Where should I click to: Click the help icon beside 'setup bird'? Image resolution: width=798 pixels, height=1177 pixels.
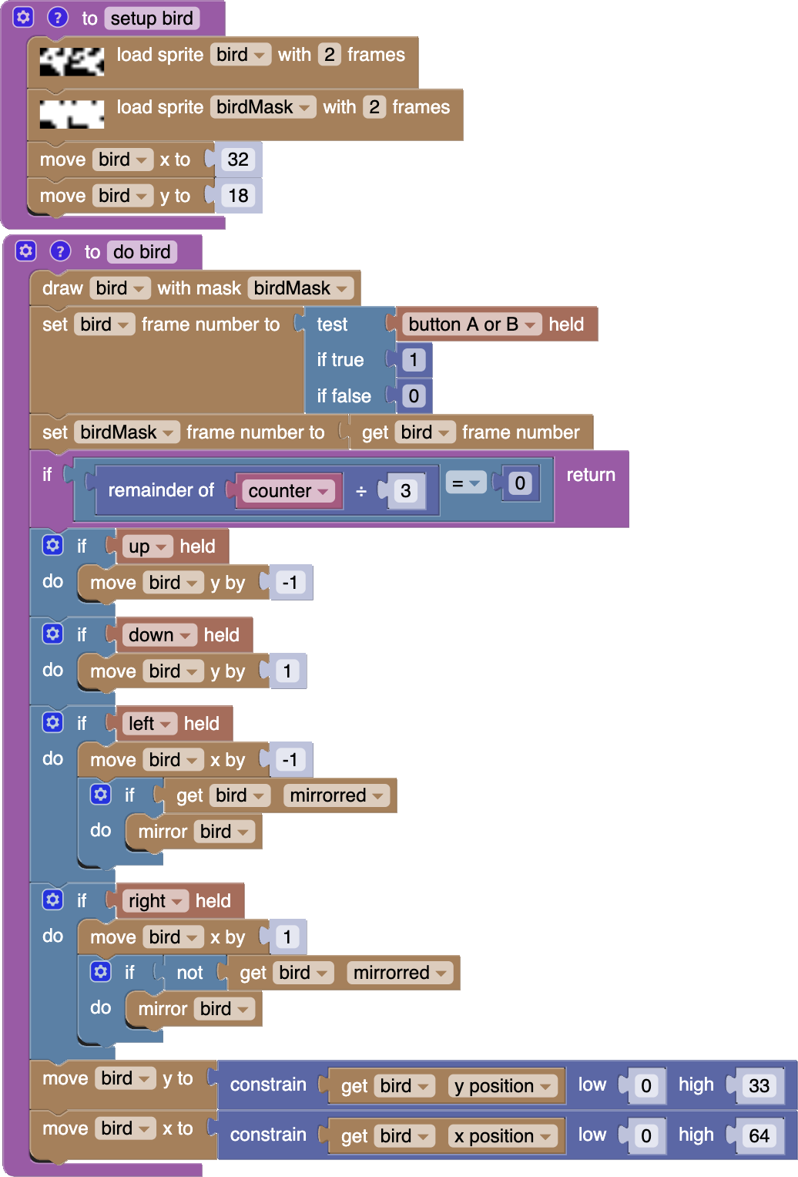pyautogui.click(x=58, y=17)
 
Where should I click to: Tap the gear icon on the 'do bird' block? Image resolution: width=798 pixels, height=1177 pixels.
pyautogui.click(x=26, y=251)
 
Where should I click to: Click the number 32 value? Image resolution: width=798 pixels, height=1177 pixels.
pyautogui.click(x=238, y=160)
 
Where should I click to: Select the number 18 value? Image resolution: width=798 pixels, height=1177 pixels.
pyautogui.click(x=238, y=196)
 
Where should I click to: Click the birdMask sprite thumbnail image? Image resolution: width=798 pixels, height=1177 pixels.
pyautogui.click(x=72, y=114)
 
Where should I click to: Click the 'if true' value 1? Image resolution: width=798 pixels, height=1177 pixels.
pyautogui.click(x=414, y=360)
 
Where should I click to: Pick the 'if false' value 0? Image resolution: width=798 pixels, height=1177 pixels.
pyautogui.click(x=414, y=396)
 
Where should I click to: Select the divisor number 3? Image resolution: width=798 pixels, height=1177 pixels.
pyautogui.click(x=406, y=491)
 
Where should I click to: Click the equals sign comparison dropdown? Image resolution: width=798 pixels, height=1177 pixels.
pyautogui.click(x=465, y=483)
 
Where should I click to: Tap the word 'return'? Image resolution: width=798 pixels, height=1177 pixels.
pyautogui.click(x=591, y=475)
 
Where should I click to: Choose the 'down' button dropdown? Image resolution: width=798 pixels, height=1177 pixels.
pyautogui.click(x=159, y=635)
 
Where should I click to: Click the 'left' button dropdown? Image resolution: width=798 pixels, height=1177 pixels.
pyautogui.click(x=149, y=724)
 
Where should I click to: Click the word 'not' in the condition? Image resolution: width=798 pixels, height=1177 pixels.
pyautogui.click(x=189, y=973)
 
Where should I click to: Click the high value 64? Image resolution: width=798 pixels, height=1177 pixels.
pyautogui.click(x=759, y=1135)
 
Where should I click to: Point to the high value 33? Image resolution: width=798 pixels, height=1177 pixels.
pyautogui.click(x=759, y=1086)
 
